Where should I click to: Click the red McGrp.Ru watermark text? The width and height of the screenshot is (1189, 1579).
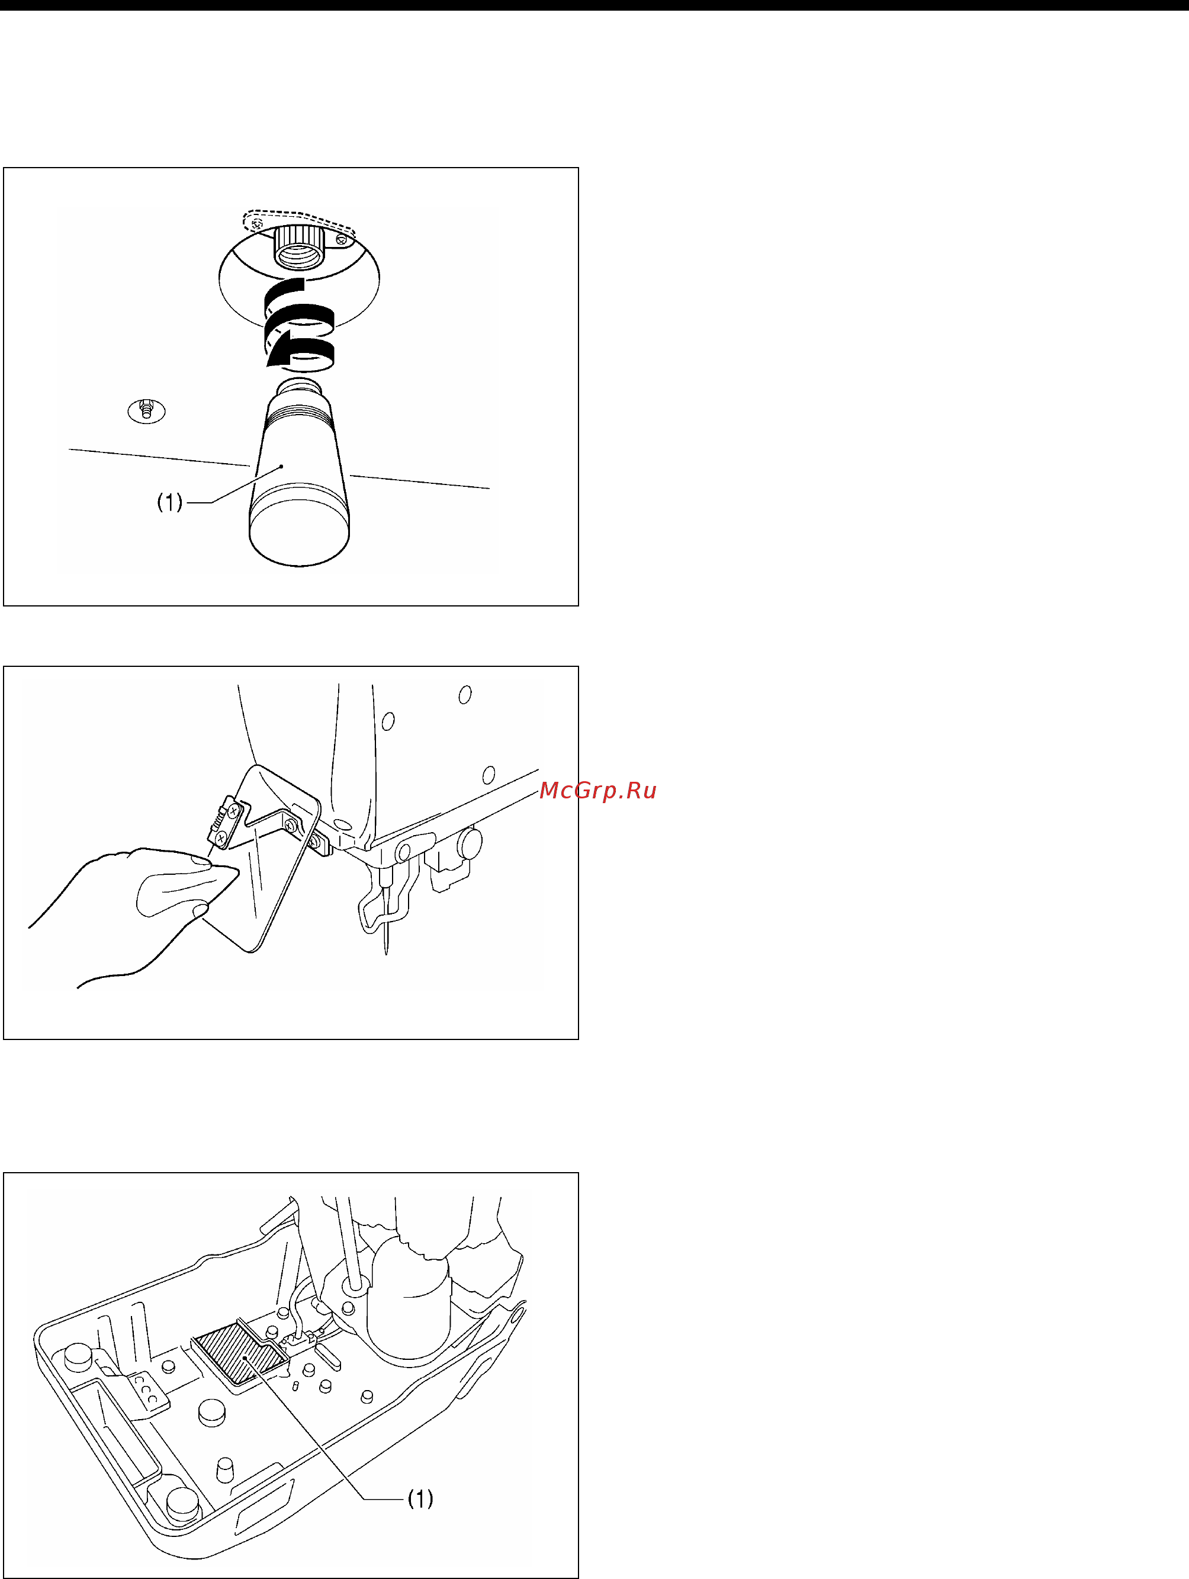597,791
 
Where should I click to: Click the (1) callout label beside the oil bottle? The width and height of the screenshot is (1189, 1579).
170,502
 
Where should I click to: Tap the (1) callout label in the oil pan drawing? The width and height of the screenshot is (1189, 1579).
420,1499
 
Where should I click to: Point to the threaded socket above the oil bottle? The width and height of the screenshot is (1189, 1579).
300,247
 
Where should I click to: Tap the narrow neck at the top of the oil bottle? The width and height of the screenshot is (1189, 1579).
300,389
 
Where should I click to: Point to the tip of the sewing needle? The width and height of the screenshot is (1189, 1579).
387,954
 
